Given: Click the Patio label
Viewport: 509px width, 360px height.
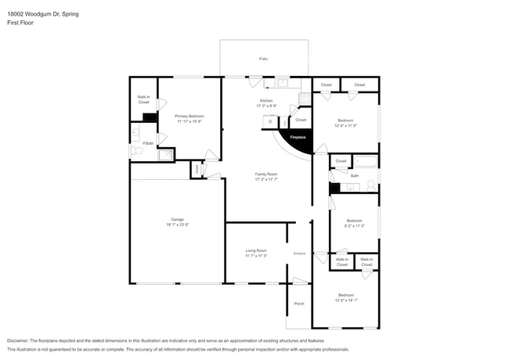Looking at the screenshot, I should pyautogui.click(x=263, y=59).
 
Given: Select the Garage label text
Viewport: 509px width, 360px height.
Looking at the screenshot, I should pyautogui.click(x=178, y=221).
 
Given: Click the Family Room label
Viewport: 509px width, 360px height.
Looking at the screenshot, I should pyautogui.click(x=266, y=174).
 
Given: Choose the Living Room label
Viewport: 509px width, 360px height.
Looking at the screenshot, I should pyautogui.click(x=256, y=250).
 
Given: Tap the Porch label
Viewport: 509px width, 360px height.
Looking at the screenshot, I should pyautogui.click(x=298, y=304).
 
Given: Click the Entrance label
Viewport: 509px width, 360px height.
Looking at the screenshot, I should pyautogui.click(x=299, y=254).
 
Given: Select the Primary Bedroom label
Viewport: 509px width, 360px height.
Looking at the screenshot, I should pyautogui.click(x=190, y=116).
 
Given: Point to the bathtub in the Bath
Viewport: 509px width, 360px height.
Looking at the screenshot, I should pyautogui.click(x=366, y=162).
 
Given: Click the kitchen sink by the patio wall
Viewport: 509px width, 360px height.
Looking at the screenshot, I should pyautogui.click(x=281, y=83).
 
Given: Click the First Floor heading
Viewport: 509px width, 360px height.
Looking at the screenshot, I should pyautogui.click(x=20, y=23).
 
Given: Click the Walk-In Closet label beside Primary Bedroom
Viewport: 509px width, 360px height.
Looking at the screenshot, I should pyautogui.click(x=143, y=99).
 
